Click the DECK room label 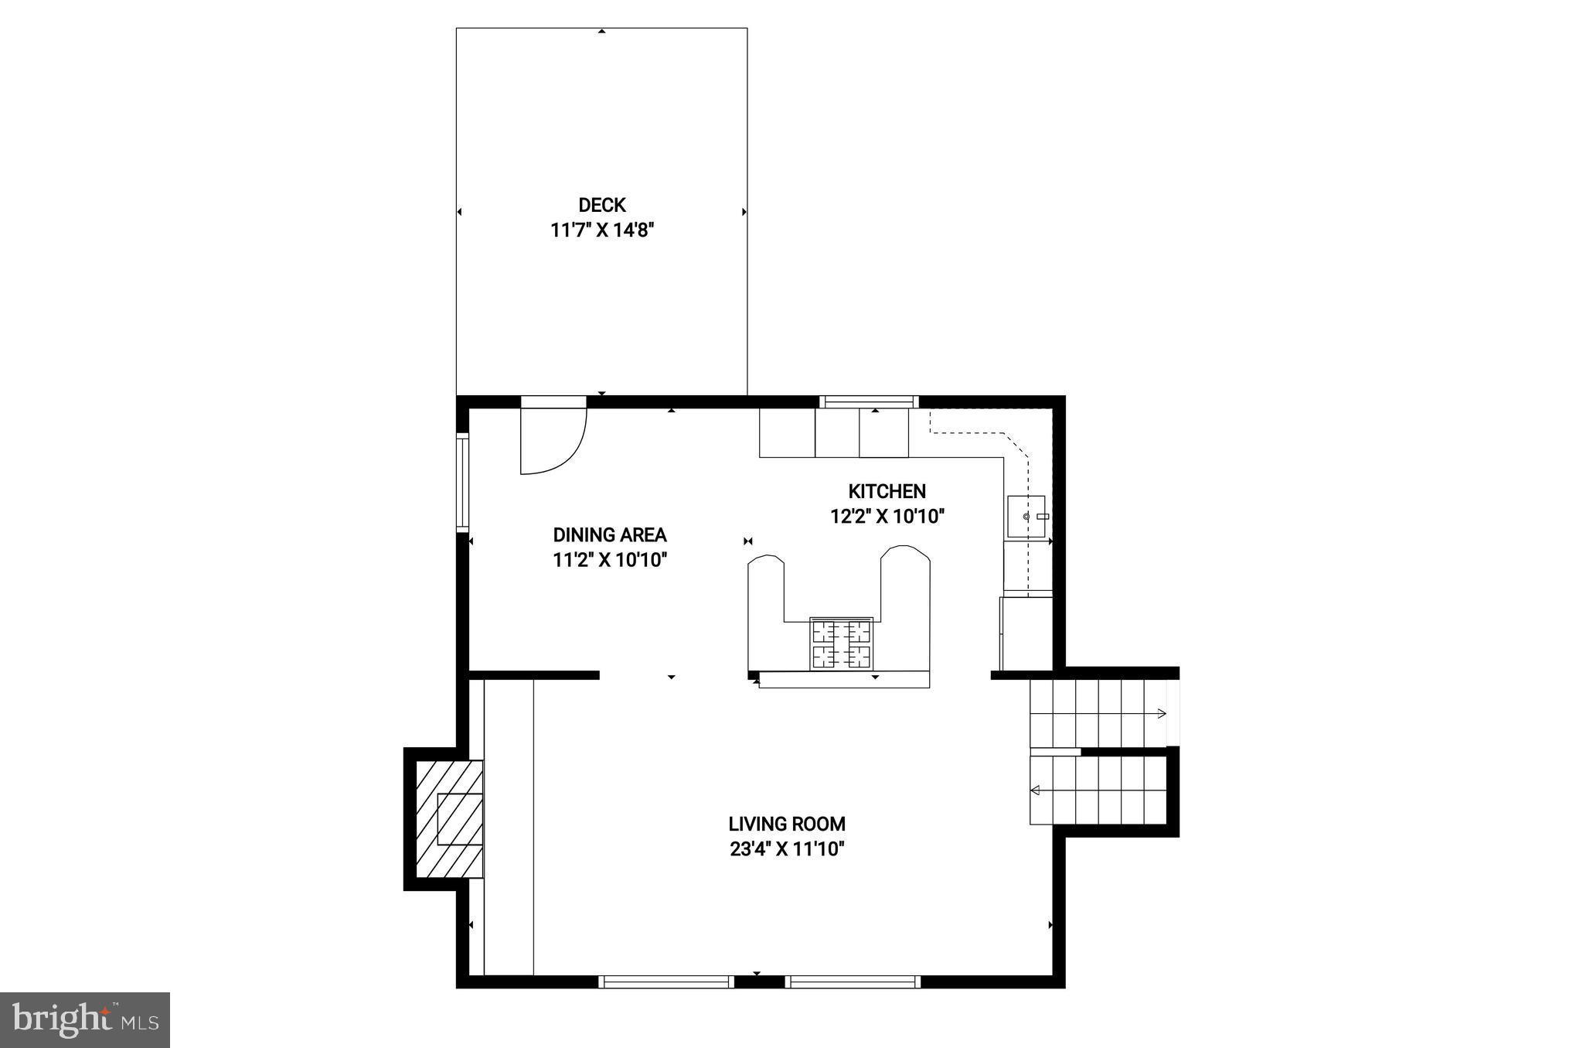(601, 205)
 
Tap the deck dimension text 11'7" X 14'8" (601, 230)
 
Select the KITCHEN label (887, 491)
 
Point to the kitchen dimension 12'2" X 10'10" (887, 517)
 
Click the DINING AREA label (609, 534)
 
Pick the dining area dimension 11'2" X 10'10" (609, 560)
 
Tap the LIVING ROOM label (786, 824)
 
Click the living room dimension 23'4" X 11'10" (786, 849)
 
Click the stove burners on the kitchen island (841, 643)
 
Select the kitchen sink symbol (1026, 516)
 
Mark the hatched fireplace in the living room (449, 819)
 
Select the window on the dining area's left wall (462, 483)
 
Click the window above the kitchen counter (869, 401)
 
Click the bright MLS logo (85, 1019)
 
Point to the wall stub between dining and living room (534, 675)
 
